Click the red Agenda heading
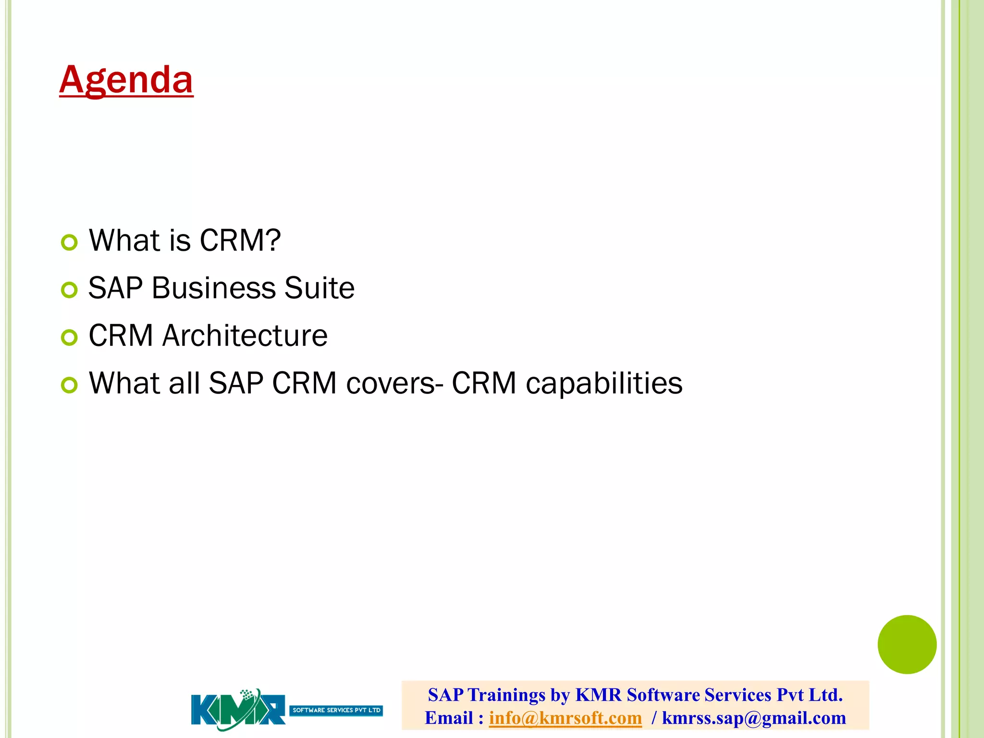click(126, 79)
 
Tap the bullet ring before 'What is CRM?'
click(69, 243)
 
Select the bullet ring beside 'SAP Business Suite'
click(69, 290)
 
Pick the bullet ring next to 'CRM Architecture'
click(69, 337)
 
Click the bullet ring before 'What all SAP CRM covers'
click(69, 385)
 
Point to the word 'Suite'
click(319, 288)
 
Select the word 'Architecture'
click(245, 335)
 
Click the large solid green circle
click(907, 644)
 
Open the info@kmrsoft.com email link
click(565, 718)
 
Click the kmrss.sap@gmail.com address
click(753, 718)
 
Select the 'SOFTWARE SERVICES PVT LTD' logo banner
click(336, 710)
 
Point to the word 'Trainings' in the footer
click(506, 695)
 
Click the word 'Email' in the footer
click(449, 718)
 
